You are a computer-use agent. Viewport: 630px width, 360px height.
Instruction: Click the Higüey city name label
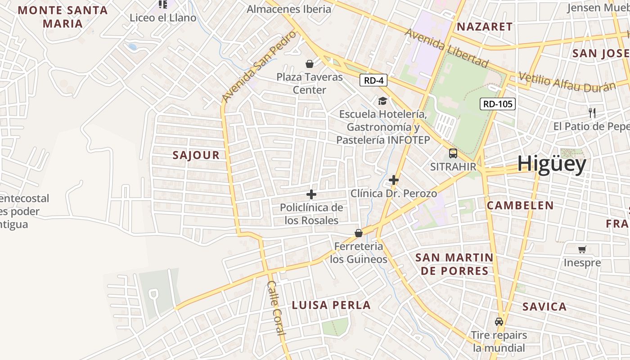[x=551, y=164]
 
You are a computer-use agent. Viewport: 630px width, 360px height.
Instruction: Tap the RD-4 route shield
[x=373, y=81]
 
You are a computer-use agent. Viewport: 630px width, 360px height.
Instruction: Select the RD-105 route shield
[x=497, y=104]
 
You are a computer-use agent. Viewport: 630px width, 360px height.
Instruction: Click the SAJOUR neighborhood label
[x=196, y=155]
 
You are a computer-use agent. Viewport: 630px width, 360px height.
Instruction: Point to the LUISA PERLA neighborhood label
[x=331, y=305]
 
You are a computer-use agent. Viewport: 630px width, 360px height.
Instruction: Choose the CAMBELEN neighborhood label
[x=520, y=206]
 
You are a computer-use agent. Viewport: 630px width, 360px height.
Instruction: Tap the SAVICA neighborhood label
[x=544, y=307]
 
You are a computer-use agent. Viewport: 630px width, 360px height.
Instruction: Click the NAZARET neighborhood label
[x=485, y=27]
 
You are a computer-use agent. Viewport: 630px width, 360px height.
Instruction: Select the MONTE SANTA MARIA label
[x=63, y=17]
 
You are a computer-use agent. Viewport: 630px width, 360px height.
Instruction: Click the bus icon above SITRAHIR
[x=453, y=153]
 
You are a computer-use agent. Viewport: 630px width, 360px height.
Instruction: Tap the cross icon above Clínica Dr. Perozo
[x=394, y=180]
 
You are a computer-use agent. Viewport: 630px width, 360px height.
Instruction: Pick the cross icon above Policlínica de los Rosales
[x=311, y=194]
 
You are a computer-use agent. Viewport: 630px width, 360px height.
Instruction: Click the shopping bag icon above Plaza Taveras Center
[x=310, y=64]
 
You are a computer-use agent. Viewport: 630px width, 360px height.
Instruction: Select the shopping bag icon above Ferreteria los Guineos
[x=359, y=233]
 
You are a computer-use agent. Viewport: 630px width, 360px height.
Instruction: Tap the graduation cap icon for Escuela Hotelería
[x=382, y=101]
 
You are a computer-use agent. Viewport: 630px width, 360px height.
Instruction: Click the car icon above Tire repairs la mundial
[x=499, y=322]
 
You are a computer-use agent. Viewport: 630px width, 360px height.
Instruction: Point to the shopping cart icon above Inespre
[x=582, y=249]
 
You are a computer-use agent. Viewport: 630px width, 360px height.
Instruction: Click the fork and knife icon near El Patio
[x=592, y=113]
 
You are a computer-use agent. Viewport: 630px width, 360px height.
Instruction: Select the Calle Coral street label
[x=276, y=308]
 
